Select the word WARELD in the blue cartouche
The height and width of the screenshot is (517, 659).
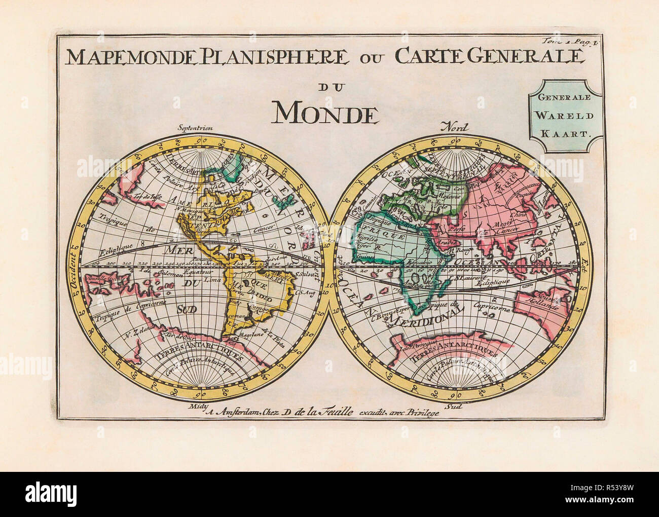[565, 115]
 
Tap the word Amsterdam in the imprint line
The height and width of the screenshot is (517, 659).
[233, 412]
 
